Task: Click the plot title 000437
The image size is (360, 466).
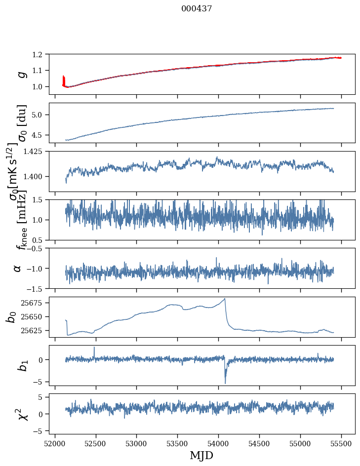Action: pyautogui.click(x=197, y=9)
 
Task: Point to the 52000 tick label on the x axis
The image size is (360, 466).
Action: pyautogui.click(x=55, y=443)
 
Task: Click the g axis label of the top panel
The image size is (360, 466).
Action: pyautogui.click(x=21, y=74)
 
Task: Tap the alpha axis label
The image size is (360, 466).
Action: pyautogui.click(x=17, y=268)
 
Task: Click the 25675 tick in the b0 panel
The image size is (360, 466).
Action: pyautogui.click(x=34, y=303)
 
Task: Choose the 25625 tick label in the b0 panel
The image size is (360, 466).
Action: pyautogui.click(x=34, y=330)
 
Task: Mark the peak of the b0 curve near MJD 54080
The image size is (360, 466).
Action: pyautogui.click(x=225, y=299)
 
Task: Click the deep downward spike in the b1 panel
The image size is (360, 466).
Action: pyautogui.click(x=225, y=383)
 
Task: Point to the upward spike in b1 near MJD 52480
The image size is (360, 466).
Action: pyautogui.click(x=94, y=348)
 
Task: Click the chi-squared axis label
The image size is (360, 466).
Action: pyautogui.click(x=21, y=414)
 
